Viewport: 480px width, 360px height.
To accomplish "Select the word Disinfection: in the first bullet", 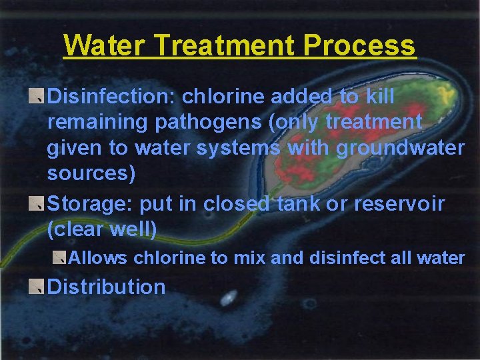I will tap(111, 97).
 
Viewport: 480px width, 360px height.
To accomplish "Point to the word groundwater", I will tap(400, 147).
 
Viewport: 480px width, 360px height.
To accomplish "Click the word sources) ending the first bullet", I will tap(91, 173).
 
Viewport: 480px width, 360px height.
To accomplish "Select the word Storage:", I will tap(91, 203).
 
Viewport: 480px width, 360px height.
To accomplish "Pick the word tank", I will tap(299, 203).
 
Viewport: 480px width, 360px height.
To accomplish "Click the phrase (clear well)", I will tap(102, 229).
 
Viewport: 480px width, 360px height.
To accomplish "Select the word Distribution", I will tap(107, 287).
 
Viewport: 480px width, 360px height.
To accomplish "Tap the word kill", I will tap(380, 97).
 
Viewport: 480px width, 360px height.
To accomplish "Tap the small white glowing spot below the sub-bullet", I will tap(229, 295).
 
